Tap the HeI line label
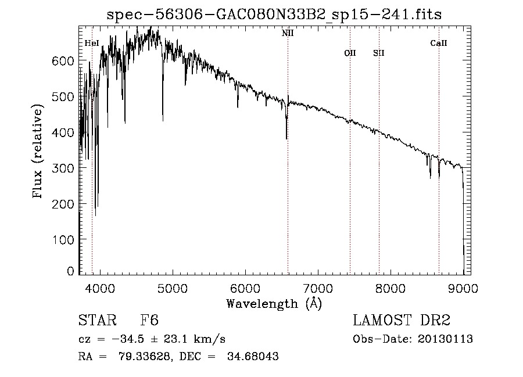[x=92, y=43]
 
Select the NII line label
[x=288, y=33]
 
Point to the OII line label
[x=350, y=53]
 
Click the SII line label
[x=379, y=53]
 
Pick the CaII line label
[x=439, y=43]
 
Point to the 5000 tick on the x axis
[x=172, y=288]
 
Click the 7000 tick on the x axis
[x=318, y=288]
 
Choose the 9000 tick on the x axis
[x=463, y=288]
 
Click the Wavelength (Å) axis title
[x=274, y=303]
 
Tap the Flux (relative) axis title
[x=39, y=152]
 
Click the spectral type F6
[x=149, y=321]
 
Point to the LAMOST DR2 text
[x=402, y=321]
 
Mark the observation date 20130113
[x=445, y=339]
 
